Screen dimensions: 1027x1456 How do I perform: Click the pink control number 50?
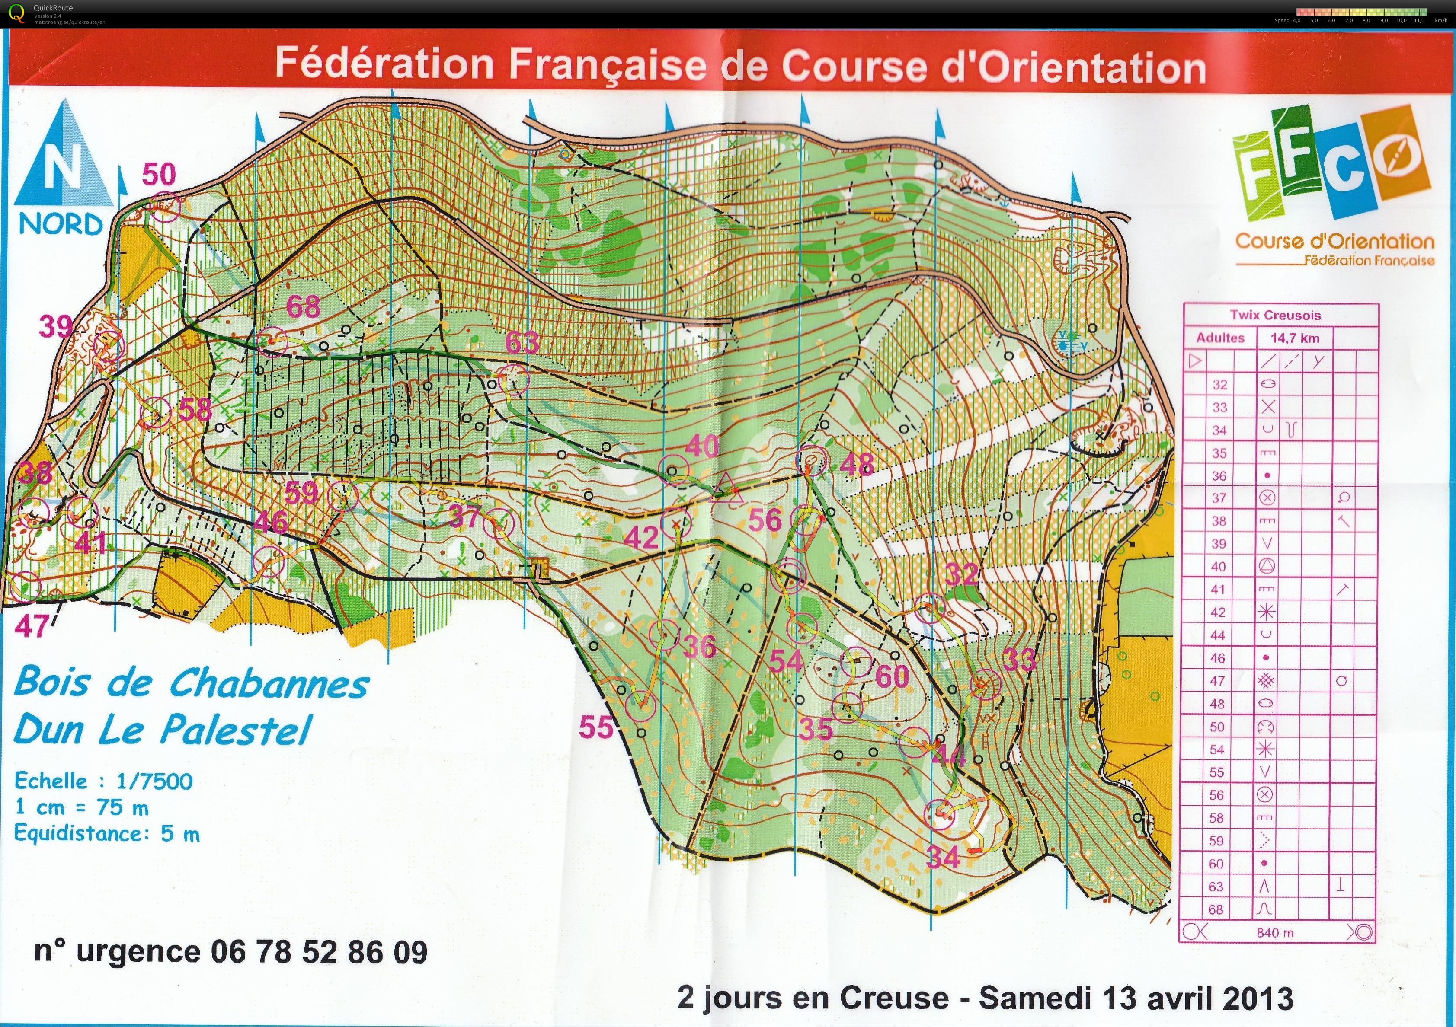[x=159, y=174]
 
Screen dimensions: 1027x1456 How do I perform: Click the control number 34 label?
[x=944, y=858]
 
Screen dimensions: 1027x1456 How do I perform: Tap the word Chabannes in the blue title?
[x=269, y=683]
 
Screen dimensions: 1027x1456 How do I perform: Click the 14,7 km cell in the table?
[x=1294, y=338]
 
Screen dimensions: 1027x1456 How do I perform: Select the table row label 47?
[x=1218, y=681]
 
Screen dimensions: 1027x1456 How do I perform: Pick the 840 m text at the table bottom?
[x=1275, y=932]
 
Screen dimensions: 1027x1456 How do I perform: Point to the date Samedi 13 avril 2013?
[x=1135, y=997]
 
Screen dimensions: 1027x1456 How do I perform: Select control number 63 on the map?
[x=522, y=342]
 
